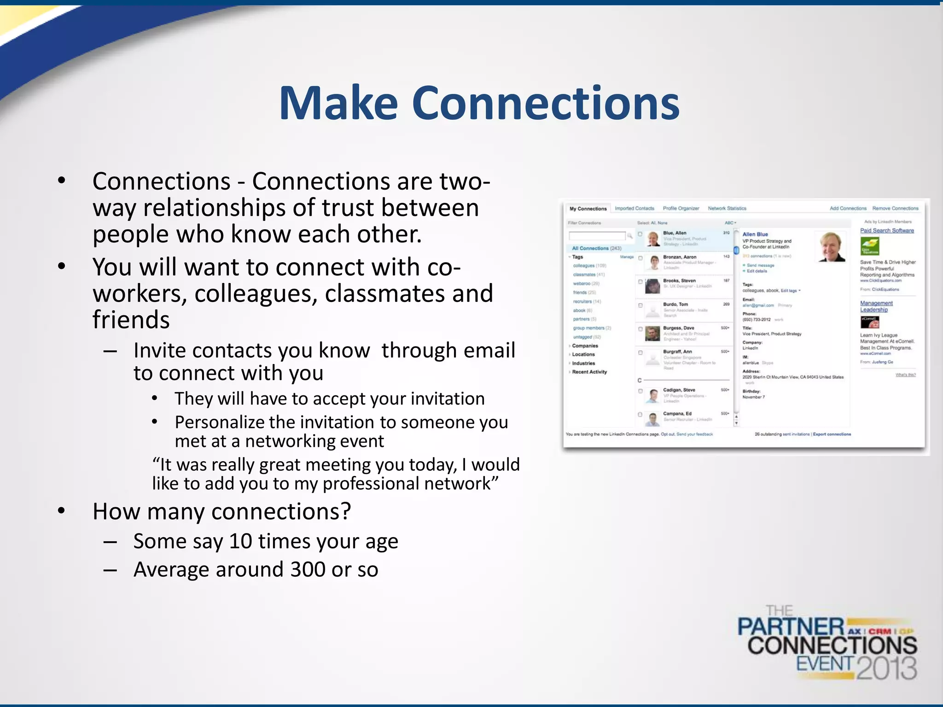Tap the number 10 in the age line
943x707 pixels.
[240, 541]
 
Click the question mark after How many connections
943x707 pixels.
[346, 512]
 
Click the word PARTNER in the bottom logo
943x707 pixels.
[791, 627]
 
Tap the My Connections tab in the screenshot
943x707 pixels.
[588, 209]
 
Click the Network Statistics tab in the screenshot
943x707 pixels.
[727, 209]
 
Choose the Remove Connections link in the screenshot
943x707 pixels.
[895, 209]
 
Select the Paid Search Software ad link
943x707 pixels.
[887, 231]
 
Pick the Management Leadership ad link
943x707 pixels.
[876, 306]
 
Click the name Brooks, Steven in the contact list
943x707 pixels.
[679, 280]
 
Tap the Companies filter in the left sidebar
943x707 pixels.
[585, 346]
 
